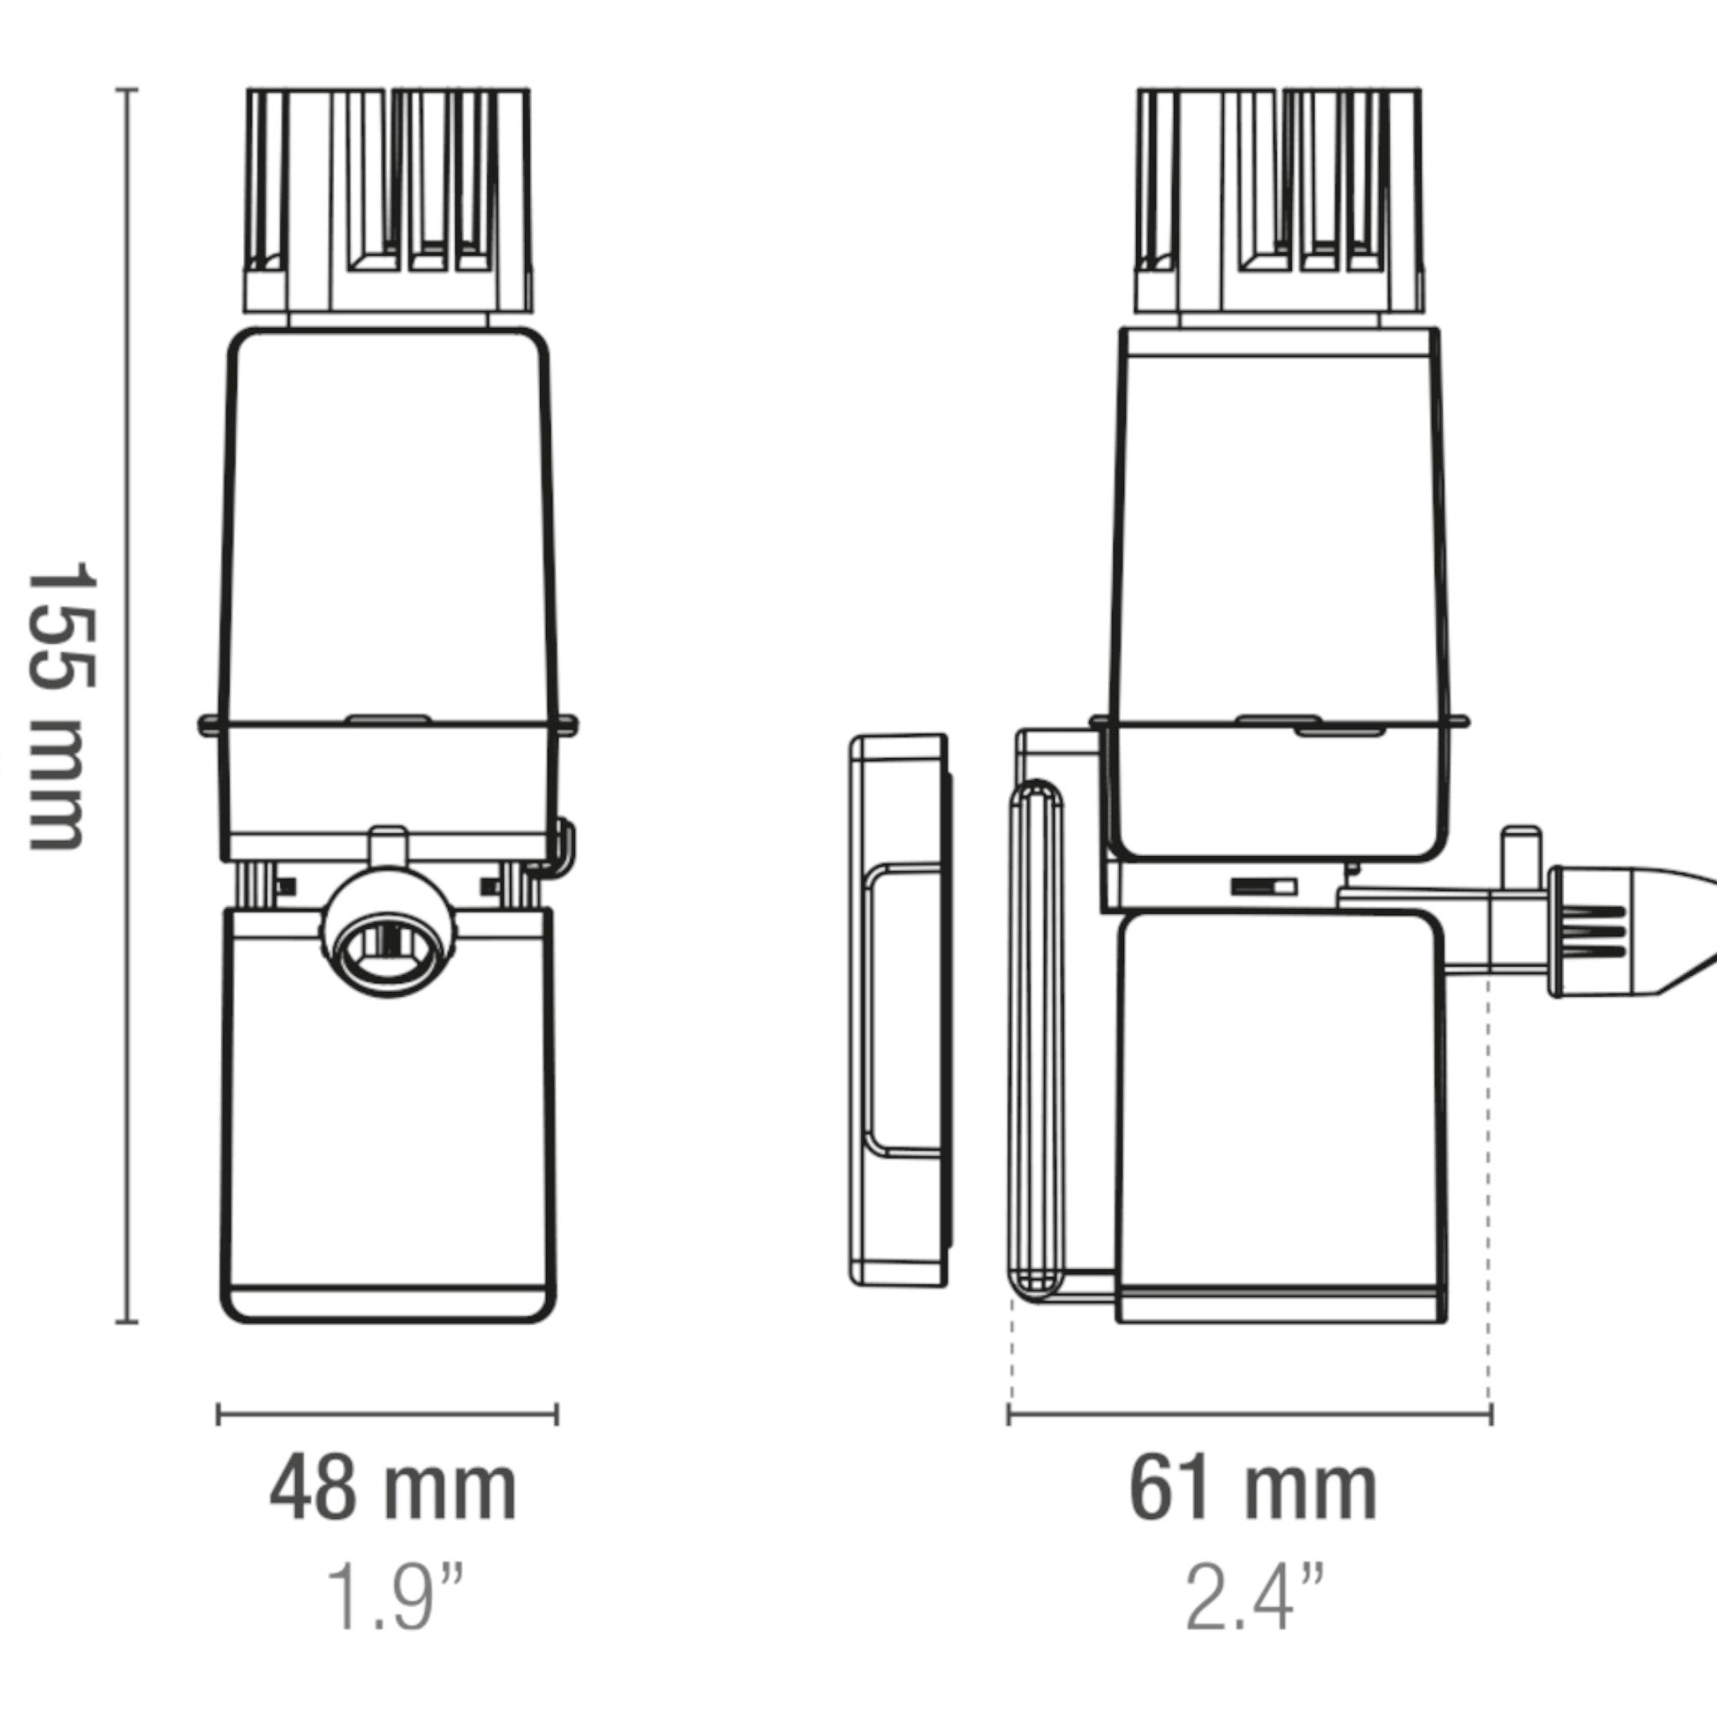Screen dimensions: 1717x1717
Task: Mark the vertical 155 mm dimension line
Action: [127, 706]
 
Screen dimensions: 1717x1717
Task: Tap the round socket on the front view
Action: [389, 938]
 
